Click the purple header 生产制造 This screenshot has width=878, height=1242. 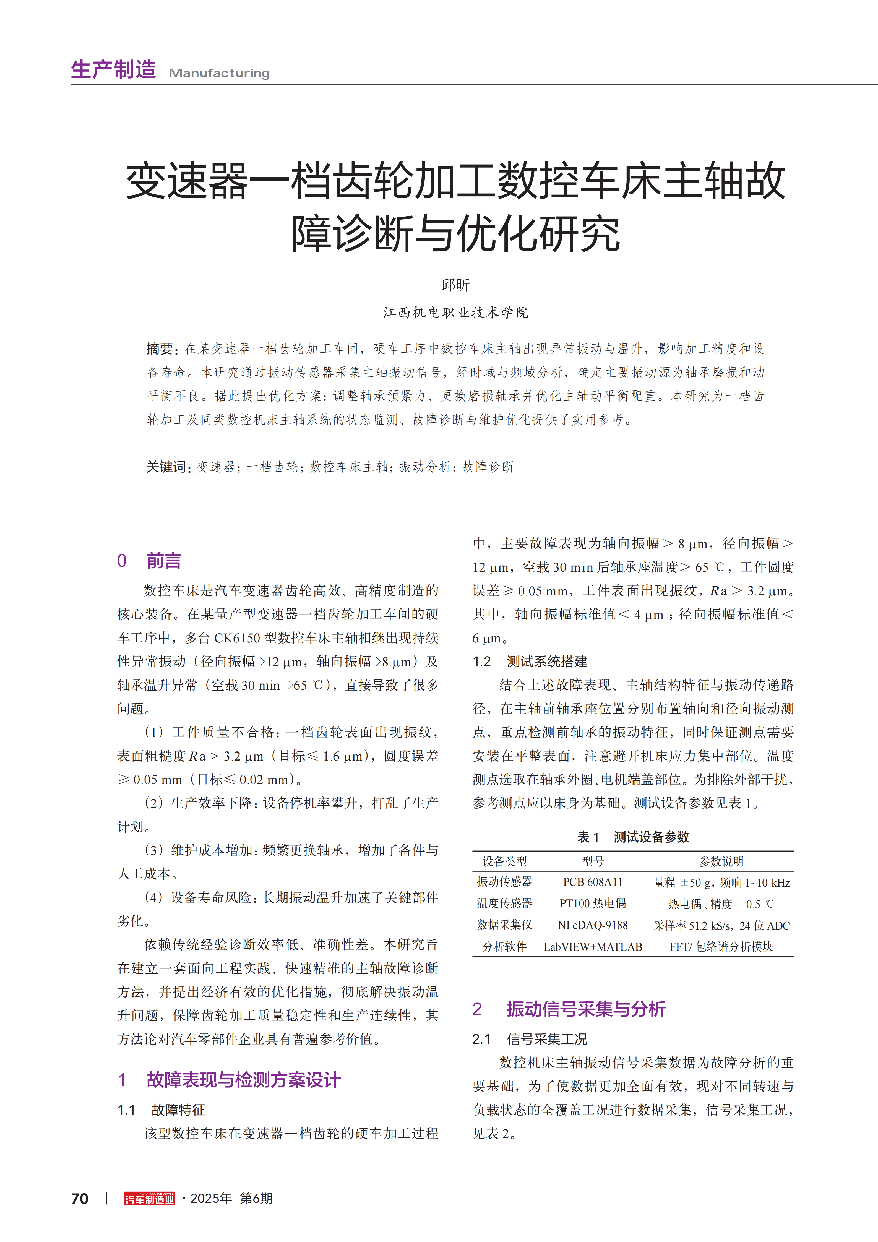114,70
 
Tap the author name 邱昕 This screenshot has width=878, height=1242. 455,285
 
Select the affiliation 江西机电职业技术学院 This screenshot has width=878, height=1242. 455,313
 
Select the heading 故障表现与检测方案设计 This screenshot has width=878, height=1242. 243,1080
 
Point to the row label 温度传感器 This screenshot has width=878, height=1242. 504,903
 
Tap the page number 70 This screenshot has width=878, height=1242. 80,1199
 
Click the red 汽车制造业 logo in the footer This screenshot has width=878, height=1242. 149,1199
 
